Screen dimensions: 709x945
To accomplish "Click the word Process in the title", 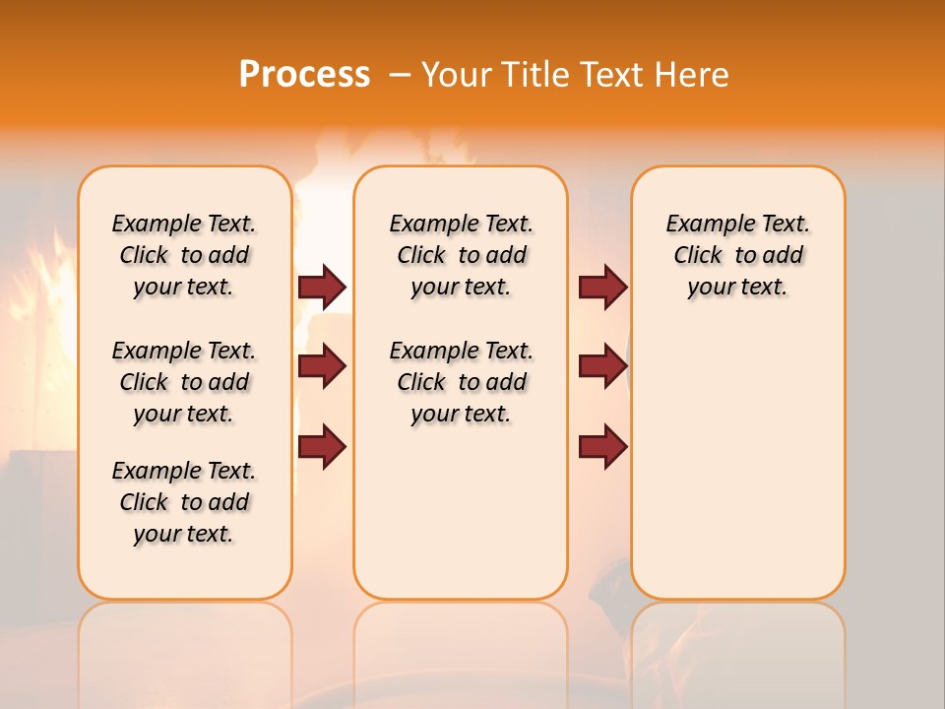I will tap(304, 74).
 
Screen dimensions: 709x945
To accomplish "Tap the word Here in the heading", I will tap(694, 75).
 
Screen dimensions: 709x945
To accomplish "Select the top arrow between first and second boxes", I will tap(322, 287).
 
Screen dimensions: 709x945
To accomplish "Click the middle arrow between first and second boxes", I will tap(322, 366).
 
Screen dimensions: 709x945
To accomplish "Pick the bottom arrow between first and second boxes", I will tap(322, 447).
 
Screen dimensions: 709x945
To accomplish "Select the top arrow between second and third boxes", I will tap(602, 287).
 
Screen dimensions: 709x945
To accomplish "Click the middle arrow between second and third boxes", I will tap(602, 366).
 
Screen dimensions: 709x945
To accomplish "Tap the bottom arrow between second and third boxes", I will tap(602, 447).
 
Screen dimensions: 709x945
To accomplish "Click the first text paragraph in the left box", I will tap(184, 255).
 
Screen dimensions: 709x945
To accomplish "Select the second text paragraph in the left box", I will tap(184, 382).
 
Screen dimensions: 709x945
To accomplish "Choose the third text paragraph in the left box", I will tap(184, 502).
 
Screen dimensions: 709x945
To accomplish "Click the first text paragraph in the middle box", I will tap(461, 255).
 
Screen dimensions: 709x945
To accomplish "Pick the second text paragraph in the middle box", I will tap(461, 382).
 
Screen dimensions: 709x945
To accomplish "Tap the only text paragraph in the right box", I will tap(737, 255).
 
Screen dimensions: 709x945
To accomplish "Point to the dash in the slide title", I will tap(400, 75).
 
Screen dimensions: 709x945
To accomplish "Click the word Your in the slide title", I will tap(459, 75).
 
